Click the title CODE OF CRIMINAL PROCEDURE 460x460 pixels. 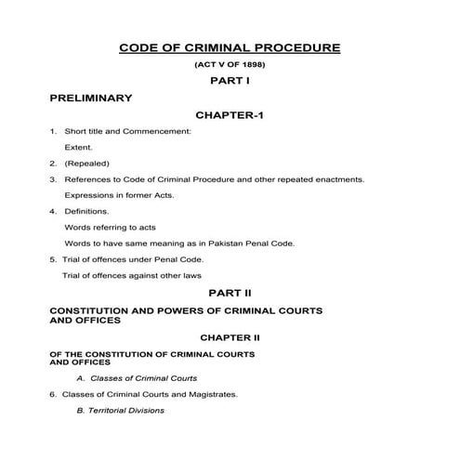(x=230, y=47)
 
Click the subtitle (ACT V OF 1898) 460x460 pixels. (x=230, y=65)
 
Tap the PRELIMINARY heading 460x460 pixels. (x=90, y=98)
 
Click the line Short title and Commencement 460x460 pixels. (x=127, y=131)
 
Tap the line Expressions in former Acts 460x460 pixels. (x=119, y=195)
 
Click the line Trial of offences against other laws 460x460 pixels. (x=131, y=275)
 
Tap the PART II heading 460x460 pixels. (x=230, y=293)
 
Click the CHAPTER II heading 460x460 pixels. (x=229, y=338)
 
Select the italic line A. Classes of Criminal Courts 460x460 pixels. (x=137, y=378)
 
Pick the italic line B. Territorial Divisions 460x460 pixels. (x=121, y=410)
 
